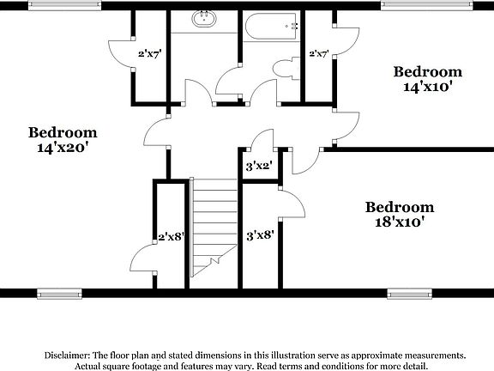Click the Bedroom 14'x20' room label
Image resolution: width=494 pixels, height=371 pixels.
pos(63,140)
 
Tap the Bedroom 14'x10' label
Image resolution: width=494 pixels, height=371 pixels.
pos(426,79)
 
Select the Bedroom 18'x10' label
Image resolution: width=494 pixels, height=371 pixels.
pos(399,214)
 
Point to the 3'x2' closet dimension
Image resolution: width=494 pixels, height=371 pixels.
pos(259,167)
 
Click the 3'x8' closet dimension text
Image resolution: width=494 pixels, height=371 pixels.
pos(259,234)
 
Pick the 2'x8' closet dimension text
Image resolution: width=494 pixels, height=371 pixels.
pos(172,237)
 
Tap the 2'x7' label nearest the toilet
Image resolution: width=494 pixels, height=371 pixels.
pos(319,53)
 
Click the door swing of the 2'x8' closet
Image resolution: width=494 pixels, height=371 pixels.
pos(141,257)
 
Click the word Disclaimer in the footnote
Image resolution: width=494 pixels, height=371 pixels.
pos(64,355)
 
